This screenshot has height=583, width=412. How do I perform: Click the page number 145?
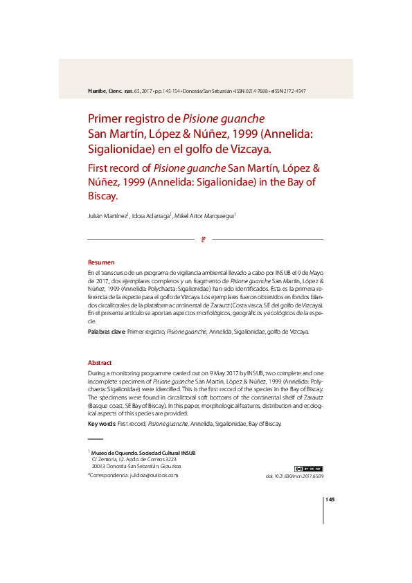(330, 499)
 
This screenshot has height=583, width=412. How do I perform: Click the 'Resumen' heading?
(100, 262)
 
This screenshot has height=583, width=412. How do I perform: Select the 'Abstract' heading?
(100, 363)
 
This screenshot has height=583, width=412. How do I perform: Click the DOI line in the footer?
(294, 476)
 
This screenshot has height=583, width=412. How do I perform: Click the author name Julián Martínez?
(107, 216)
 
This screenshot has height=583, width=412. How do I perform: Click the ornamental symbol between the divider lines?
(204, 240)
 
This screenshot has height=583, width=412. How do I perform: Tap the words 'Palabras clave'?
(106, 332)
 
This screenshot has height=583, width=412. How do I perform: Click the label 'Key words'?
(102, 424)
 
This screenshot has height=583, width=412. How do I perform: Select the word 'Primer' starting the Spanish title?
(106, 118)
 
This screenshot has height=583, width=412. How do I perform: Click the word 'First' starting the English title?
(100, 168)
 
